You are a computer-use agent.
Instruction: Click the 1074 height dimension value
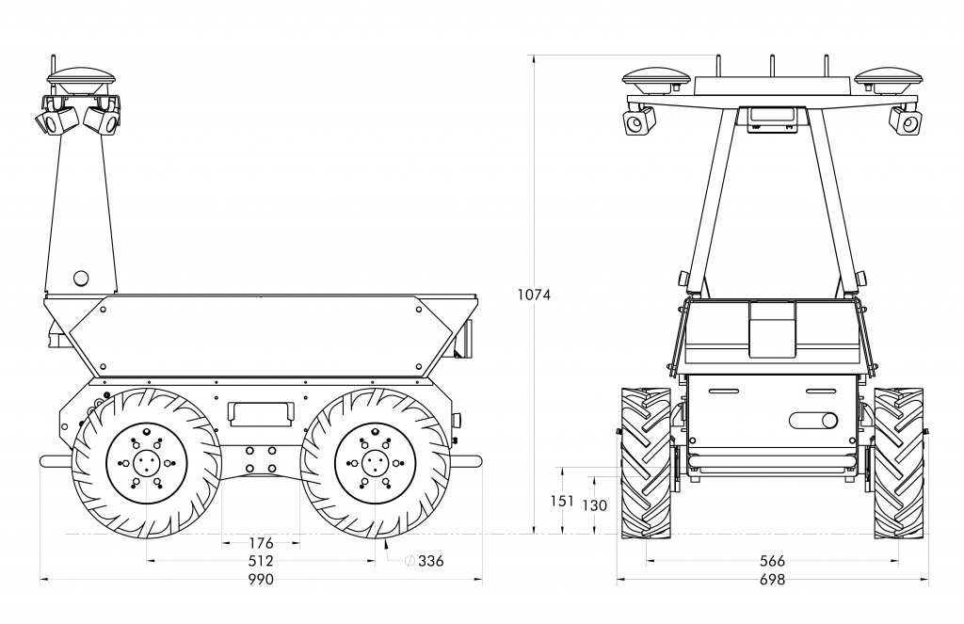tap(534, 295)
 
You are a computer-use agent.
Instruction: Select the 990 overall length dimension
tap(261, 580)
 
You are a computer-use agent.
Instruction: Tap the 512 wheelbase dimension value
tap(261, 561)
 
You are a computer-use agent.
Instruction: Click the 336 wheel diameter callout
tap(429, 561)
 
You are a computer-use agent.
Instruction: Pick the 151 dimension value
tap(562, 501)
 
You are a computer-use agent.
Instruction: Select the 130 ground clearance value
tap(594, 505)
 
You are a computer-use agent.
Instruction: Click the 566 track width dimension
tap(772, 561)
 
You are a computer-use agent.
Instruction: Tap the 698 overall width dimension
tap(772, 580)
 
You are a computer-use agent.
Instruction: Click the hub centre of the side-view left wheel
tap(146, 463)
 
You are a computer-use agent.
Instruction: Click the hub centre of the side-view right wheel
tap(375, 463)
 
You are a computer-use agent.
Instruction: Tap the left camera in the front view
tap(639, 121)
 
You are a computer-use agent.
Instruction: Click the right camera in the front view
tap(907, 121)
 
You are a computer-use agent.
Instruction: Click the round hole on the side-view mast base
tap(81, 278)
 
